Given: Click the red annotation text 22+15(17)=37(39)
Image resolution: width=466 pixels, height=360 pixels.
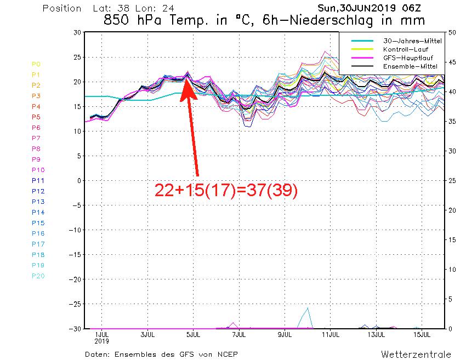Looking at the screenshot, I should click(x=226, y=190).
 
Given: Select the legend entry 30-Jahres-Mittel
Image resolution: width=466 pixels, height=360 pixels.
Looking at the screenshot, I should click(x=405, y=41).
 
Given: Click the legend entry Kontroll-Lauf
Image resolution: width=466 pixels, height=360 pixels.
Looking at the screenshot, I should click(x=405, y=49).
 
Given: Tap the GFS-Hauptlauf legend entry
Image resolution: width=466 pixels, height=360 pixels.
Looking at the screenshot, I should click(x=405, y=58).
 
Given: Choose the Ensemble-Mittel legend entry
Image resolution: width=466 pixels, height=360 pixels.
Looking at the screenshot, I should click(x=405, y=66).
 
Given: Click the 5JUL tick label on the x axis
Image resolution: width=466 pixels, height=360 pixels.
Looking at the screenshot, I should click(x=192, y=334).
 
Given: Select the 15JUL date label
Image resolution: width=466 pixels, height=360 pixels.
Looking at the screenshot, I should click(x=421, y=334).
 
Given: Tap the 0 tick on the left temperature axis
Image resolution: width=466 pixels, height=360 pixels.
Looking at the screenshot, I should click(x=79, y=180).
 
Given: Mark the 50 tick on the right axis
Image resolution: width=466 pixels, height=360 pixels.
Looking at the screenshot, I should click(x=452, y=32).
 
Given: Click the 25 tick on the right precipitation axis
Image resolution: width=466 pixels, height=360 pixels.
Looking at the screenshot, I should click(x=452, y=180).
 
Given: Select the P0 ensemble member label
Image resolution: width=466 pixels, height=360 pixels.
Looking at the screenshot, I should click(x=36, y=64).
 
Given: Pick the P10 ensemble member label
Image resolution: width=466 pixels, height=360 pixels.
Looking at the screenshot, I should click(x=38, y=170).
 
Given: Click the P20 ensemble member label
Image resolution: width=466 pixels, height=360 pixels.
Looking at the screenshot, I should click(x=38, y=276).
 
